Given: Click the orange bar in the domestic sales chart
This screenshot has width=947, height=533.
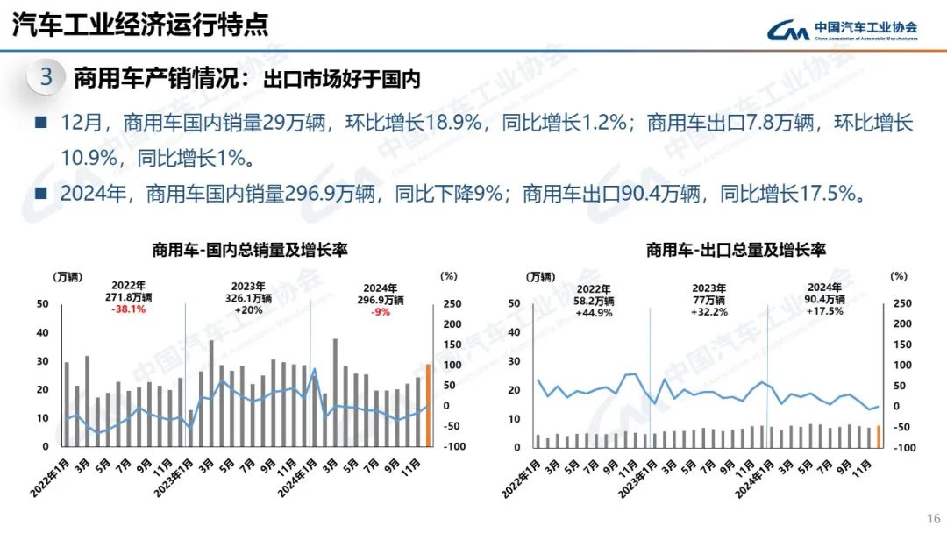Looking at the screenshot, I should tap(428, 405).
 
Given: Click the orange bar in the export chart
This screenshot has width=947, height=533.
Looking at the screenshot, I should tap(879, 436).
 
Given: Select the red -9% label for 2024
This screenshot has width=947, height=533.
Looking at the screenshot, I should tap(381, 311).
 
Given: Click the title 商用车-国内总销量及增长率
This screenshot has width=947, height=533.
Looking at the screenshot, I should tap(250, 251).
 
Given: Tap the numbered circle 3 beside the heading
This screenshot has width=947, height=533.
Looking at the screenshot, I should tap(46, 77).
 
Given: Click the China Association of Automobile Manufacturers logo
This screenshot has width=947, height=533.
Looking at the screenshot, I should tap(843, 31).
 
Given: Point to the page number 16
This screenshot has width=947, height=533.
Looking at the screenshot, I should tap(933, 517).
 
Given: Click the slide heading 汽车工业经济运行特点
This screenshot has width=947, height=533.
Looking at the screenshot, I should tap(140, 25).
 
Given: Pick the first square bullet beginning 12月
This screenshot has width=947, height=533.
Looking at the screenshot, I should tap(40, 123).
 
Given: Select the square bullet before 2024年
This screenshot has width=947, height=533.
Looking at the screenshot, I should tap(40, 193).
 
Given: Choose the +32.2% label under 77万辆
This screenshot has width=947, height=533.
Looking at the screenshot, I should tap(709, 312).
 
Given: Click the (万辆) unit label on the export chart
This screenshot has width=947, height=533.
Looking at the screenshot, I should tap(540, 277).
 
